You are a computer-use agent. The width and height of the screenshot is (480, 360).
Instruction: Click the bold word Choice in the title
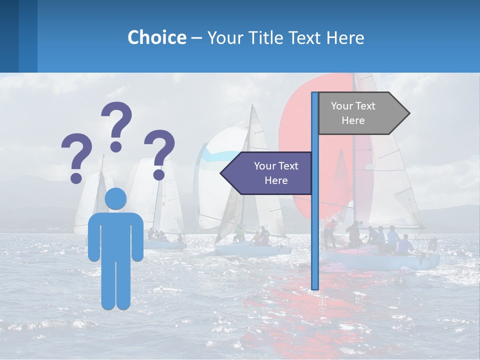(156, 37)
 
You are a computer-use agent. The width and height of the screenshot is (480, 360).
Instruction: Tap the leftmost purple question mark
(76, 156)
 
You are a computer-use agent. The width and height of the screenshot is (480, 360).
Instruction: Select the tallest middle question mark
(116, 125)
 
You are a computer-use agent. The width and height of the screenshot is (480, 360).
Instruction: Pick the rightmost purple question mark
(159, 153)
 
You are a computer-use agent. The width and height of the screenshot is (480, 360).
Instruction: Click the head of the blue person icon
(115, 199)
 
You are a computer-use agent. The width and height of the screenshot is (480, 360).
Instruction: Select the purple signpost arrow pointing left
(267, 173)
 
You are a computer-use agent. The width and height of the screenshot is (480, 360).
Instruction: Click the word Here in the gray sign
(353, 120)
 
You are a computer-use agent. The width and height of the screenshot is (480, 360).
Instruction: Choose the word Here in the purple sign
(276, 180)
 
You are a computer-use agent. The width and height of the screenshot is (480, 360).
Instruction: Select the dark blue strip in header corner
(9, 36)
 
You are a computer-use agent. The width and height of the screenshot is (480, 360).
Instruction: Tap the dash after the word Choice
(196, 37)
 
